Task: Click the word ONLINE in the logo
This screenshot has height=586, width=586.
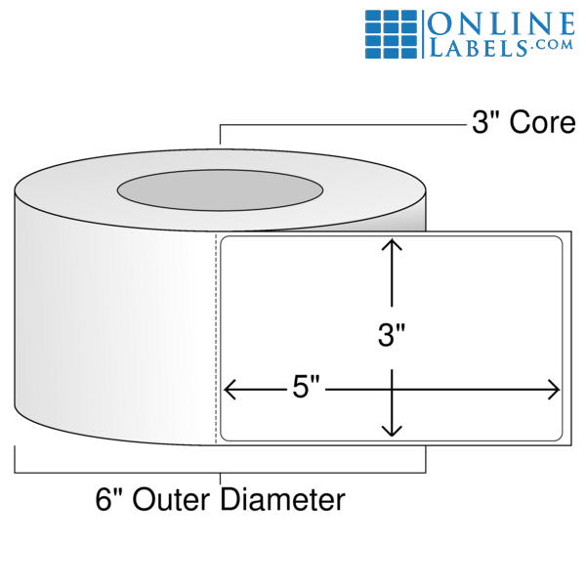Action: (x=502, y=22)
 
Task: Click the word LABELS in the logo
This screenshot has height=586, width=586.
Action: (x=477, y=45)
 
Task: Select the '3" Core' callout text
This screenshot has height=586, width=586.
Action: (x=523, y=124)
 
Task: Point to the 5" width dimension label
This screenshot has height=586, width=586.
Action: (x=307, y=389)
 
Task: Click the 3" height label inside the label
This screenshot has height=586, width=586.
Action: (x=392, y=337)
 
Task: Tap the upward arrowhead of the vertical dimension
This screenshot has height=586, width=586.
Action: (x=392, y=244)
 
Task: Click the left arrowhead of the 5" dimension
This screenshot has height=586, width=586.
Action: (x=230, y=390)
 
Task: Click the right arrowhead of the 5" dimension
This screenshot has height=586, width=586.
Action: (x=555, y=390)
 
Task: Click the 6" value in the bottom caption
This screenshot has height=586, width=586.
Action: (x=106, y=501)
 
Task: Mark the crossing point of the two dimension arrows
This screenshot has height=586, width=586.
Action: (x=392, y=390)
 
